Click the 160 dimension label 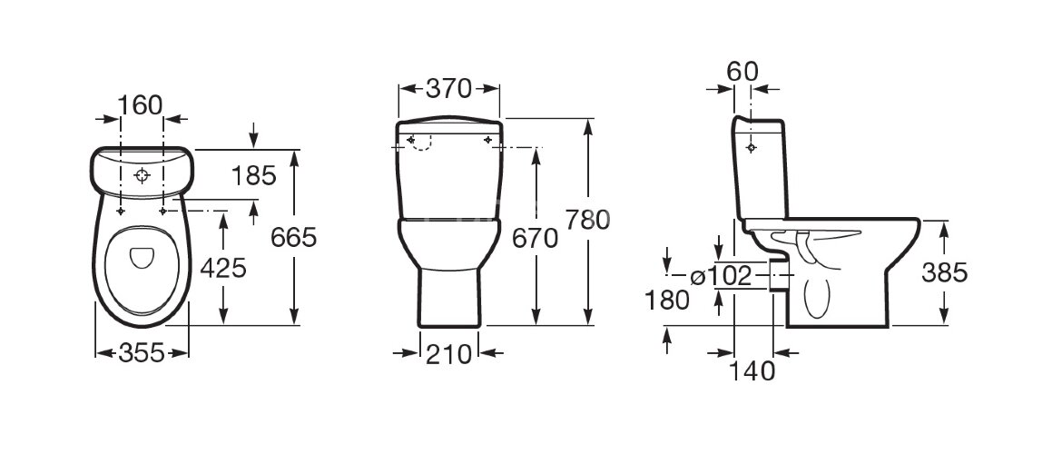coord(140,105)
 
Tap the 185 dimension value coord(253,176)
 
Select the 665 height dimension coord(293,237)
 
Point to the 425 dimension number coord(223,269)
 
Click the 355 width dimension coord(142,352)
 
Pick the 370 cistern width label coord(448,88)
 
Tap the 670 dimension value coord(535,239)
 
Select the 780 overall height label coord(588,220)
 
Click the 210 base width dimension coord(448,353)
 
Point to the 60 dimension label coord(742,71)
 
